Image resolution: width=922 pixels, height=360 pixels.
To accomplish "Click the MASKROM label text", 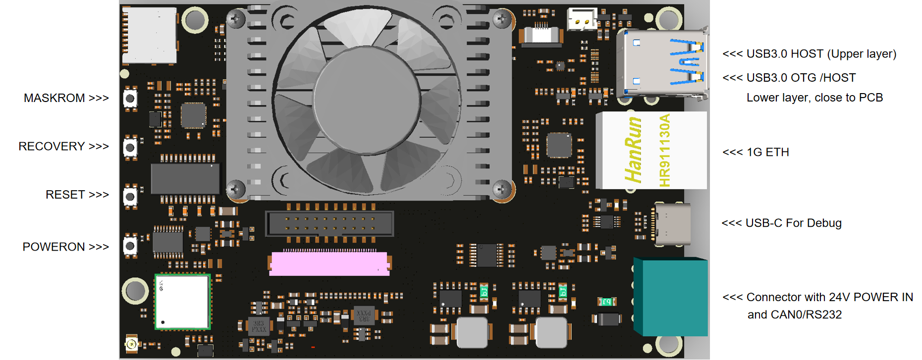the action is point(54,98).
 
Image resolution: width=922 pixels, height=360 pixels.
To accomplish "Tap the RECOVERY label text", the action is point(52,147).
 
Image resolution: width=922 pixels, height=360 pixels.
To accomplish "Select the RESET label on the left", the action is point(65,195).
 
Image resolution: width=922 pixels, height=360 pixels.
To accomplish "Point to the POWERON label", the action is point(54,247).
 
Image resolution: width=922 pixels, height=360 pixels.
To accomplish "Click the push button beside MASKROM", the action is point(130,99).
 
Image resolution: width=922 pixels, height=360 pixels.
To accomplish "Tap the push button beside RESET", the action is point(130,197).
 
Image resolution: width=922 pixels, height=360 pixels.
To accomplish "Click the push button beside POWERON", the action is point(130,245).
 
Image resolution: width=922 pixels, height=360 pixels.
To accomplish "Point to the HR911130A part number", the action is point(665,151).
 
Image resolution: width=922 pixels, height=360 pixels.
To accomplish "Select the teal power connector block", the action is point(671,297).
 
